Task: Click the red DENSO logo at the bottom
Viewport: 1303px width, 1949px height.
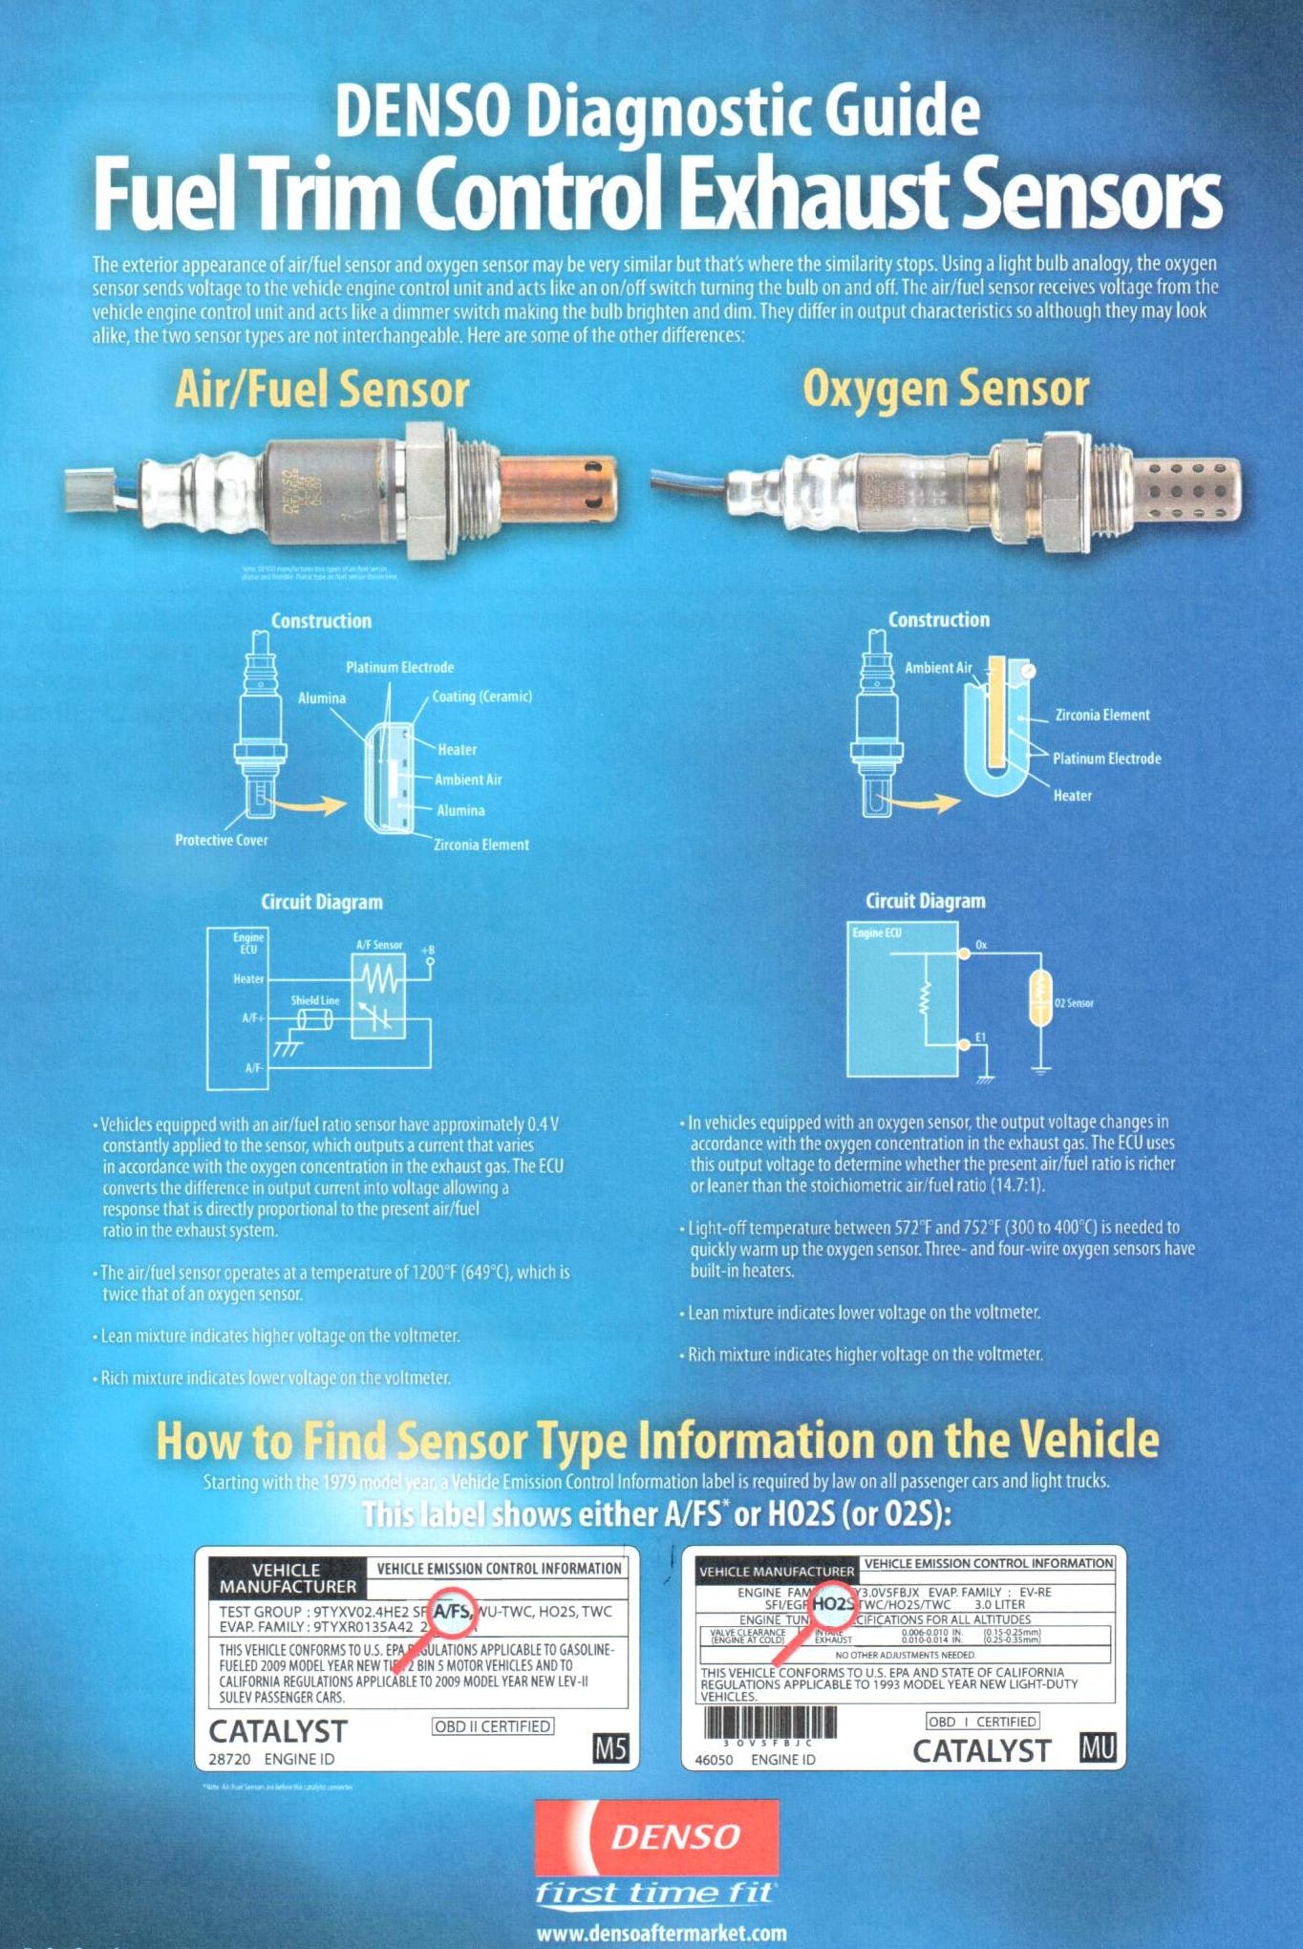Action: click(x=656, y=1837)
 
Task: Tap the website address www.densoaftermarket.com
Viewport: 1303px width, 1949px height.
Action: click(x=661, y=1933)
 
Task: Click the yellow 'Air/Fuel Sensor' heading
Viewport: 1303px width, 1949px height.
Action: click(x=322, y=390)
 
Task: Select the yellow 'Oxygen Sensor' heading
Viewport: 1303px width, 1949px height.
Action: click(x=945, y=389)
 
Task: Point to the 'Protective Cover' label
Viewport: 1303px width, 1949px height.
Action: click(x=221, y=840)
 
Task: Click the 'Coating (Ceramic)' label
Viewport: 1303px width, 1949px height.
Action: click(x=481, y=696)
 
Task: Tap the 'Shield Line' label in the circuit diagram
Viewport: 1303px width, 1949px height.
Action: click(x=315, y=1000)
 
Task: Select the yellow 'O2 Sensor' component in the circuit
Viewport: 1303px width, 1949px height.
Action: click(x=1041, y=999)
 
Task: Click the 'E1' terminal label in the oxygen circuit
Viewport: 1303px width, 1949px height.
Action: click(x=980, y=1037)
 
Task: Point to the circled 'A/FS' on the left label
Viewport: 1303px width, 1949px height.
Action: click(x=452, y=1612)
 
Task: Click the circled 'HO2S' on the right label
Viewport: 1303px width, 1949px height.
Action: click(x=834, y=1604)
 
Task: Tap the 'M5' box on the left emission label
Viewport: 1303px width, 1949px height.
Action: click(x=610, y=1749)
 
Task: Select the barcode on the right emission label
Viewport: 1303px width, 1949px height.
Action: click(x=770, y=1723)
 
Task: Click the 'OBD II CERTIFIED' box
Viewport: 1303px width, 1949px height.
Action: click(x=493, y=1726)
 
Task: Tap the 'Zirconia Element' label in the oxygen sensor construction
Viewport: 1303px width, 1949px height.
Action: click(x=1101, y=715)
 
